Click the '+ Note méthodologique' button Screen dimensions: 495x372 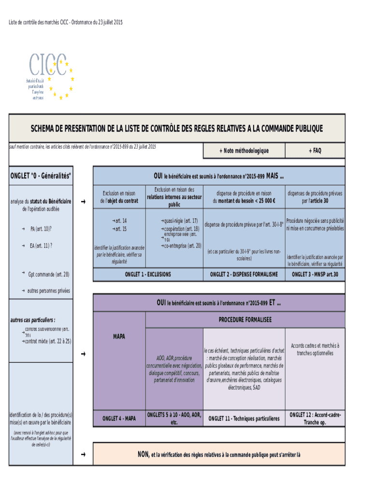click(244, 151)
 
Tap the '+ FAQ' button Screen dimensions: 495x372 click(315, 151)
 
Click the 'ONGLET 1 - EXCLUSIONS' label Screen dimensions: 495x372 click(148, 275)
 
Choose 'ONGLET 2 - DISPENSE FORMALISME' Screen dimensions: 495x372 click(244, 275)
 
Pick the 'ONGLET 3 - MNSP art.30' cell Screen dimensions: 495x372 click(315, 275)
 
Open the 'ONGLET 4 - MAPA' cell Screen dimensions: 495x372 click(118, 419)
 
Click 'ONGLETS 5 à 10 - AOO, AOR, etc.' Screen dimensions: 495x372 click(174, 419)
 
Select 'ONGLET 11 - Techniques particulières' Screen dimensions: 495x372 click(244, 419)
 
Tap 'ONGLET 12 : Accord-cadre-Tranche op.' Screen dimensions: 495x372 click(315, 419)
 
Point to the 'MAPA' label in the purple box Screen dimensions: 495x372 click(118, 336)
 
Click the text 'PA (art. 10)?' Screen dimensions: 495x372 click(41, 229)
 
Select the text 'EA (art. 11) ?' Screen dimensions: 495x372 click(41, 246)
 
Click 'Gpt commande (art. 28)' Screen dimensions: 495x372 click(49, 275)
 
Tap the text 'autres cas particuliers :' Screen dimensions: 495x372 click(33, 320)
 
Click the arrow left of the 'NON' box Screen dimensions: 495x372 click(84, 454)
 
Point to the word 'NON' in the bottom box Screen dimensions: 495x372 click(143, 454)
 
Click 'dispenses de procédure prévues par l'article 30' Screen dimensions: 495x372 click(315, 197)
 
